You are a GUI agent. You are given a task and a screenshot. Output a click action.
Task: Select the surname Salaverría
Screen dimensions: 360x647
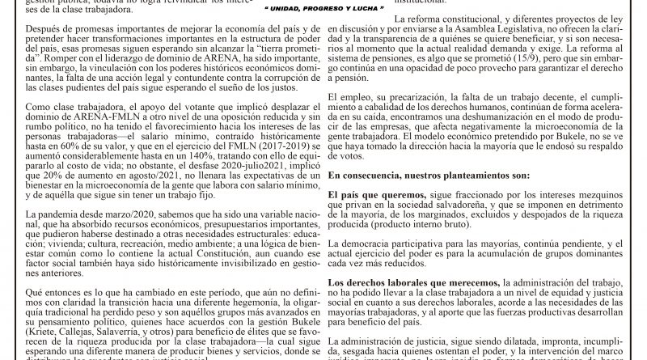116,319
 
